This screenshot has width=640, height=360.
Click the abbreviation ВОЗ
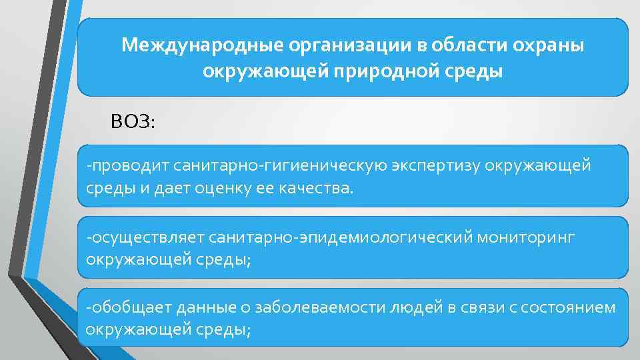tap(133, 122)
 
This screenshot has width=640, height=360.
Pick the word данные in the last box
tap(198, 307)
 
